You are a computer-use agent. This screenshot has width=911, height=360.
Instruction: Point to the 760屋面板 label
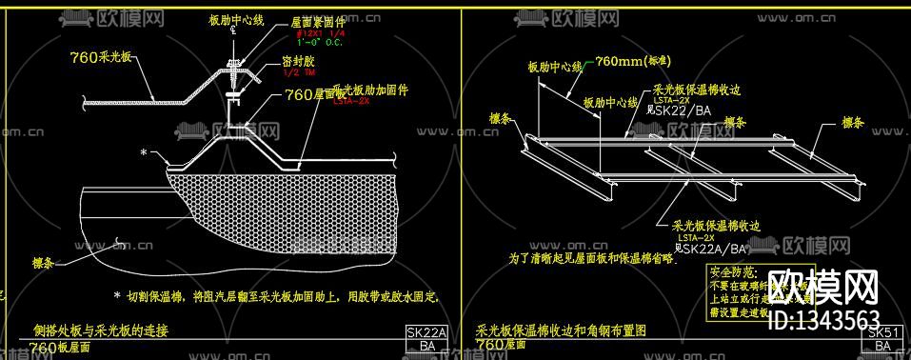(315, 93)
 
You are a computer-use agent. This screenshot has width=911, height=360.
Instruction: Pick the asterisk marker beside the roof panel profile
(144, 152)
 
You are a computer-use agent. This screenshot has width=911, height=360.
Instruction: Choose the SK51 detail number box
(881, 332)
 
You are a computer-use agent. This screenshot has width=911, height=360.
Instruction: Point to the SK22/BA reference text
(683, 110)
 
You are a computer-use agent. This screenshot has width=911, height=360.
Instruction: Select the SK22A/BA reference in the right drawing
(716, 249)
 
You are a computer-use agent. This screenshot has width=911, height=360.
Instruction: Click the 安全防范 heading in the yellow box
(732, 272)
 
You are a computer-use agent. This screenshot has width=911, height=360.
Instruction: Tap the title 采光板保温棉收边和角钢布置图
(561, 331)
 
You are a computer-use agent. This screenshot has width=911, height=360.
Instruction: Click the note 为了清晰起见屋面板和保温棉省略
(590, 257)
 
